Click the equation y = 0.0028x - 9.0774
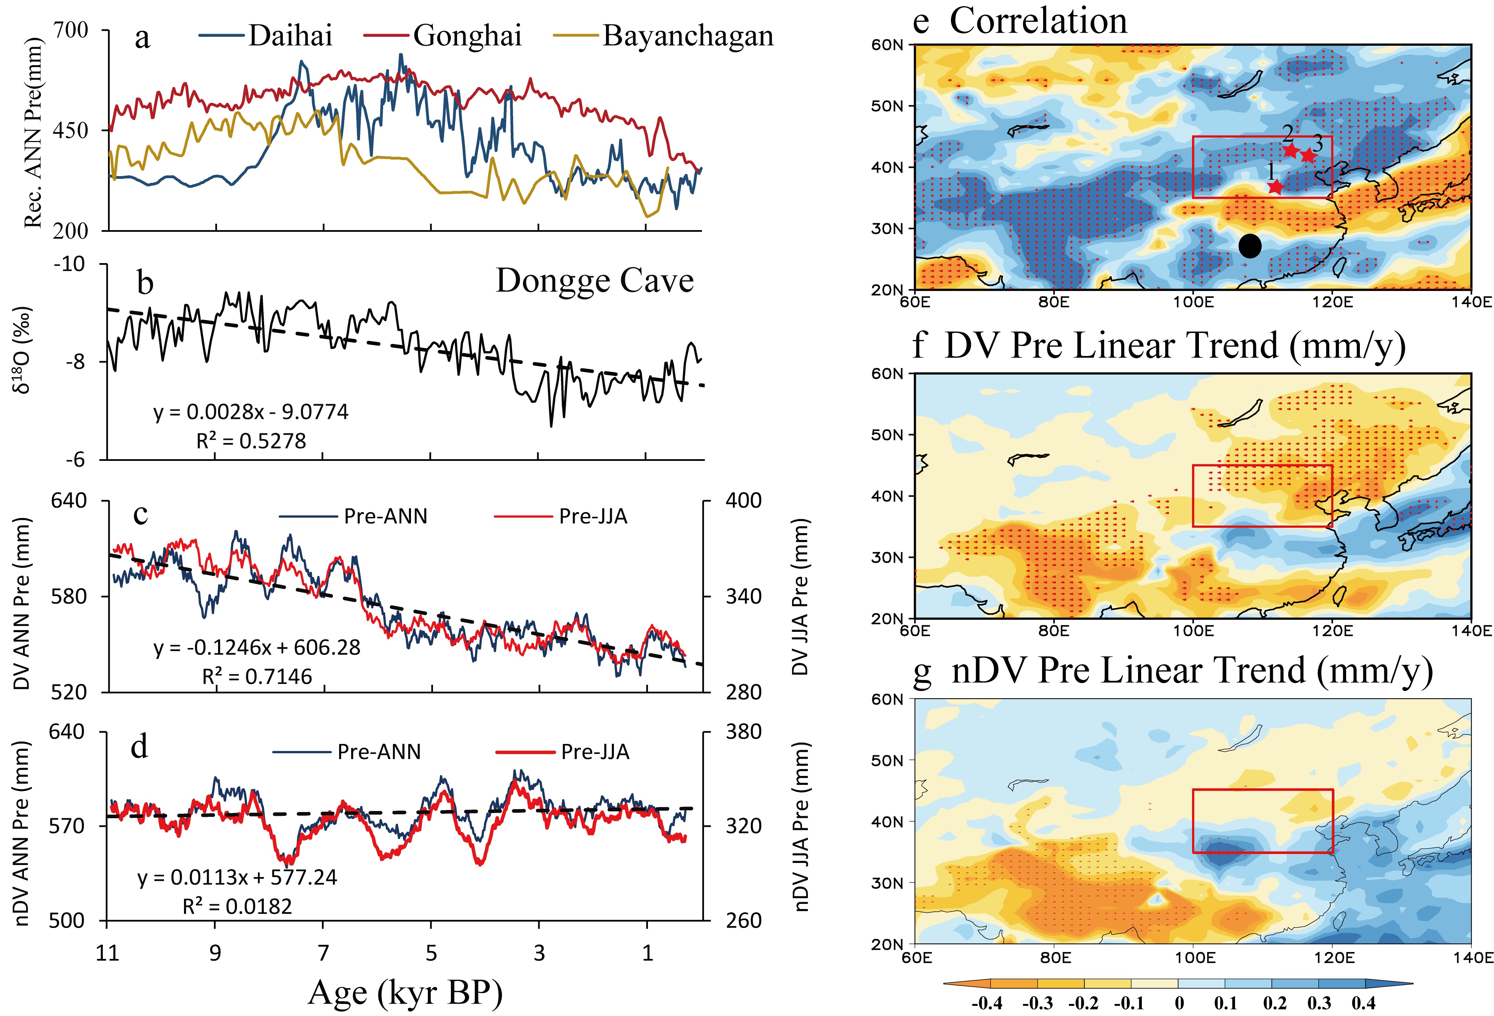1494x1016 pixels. click(x=251, y=412)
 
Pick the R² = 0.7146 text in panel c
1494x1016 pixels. click(x=257, y=677)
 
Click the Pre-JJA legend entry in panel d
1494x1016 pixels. click(x=595, y=752)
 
